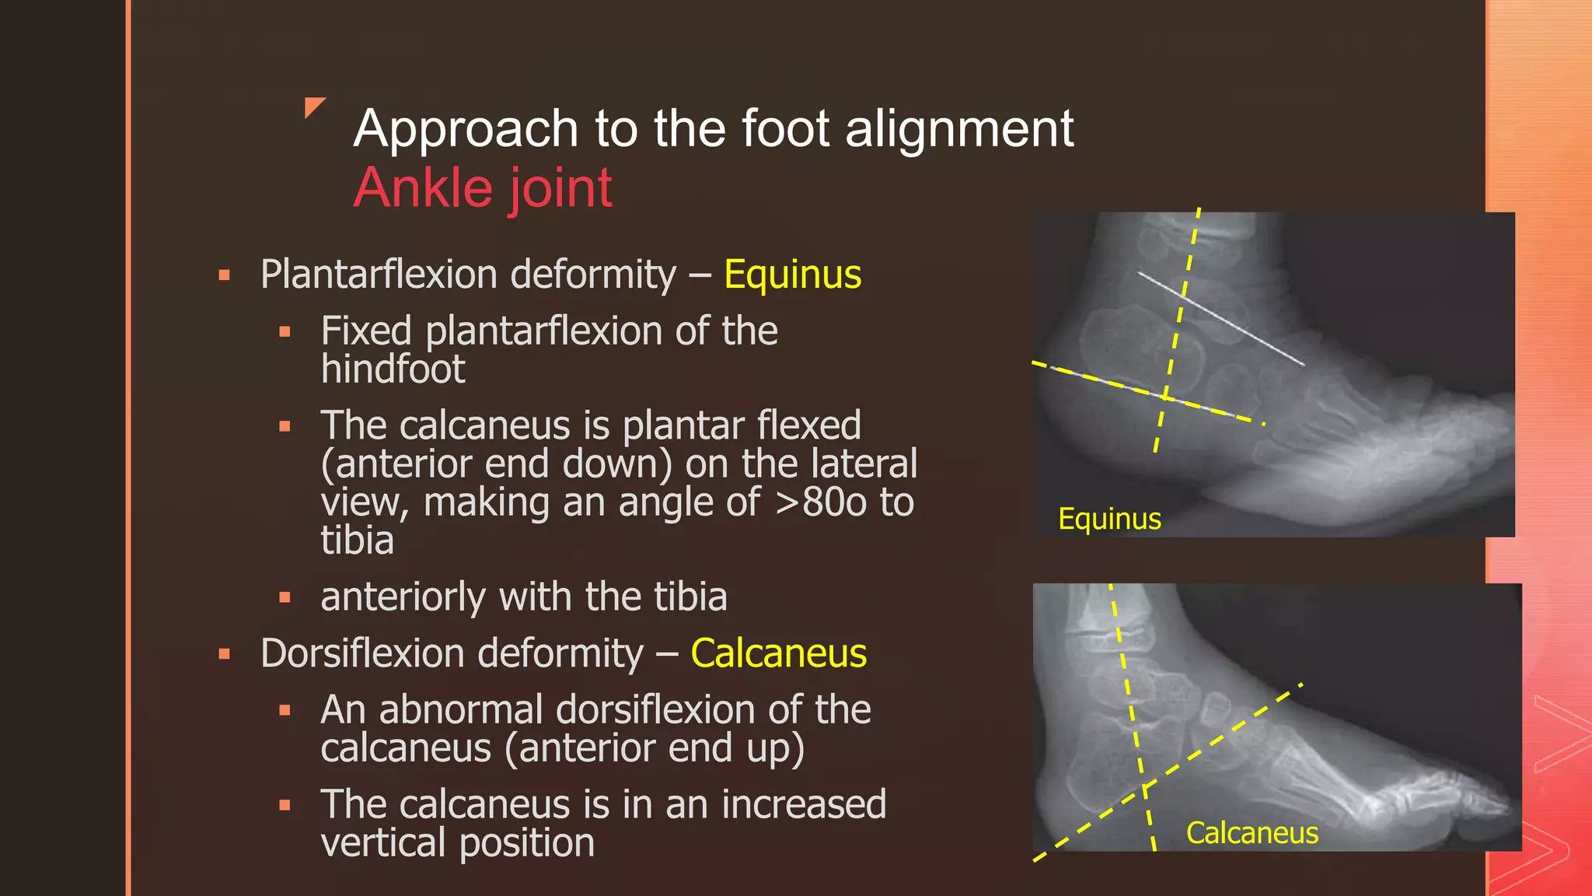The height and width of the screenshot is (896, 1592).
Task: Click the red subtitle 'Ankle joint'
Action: click(483, 188)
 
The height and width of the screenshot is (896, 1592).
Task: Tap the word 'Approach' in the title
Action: click(466, 129)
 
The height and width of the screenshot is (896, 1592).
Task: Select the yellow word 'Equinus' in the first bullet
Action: click(792, 275)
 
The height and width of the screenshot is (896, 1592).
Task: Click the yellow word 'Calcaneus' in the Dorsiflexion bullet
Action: click(778, 653)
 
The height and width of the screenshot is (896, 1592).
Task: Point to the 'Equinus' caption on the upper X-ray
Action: click(1109, 519)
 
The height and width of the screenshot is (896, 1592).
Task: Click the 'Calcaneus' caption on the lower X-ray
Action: click(1252, 833)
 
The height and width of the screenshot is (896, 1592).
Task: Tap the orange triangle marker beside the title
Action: click(313, 107)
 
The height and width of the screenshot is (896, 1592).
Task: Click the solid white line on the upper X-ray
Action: click(1220, 318)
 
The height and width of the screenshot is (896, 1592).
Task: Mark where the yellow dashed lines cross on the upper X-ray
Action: click(1165, 397)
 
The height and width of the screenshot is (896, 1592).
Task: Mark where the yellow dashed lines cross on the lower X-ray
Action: click(1144, 789)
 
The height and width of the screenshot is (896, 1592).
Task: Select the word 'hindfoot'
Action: click(393, 369)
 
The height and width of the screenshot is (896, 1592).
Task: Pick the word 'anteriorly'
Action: click(403, 597)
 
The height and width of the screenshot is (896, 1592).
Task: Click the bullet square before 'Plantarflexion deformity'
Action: click(225, 275)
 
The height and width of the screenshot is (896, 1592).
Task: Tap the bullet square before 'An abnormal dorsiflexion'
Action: click(285, 710)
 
